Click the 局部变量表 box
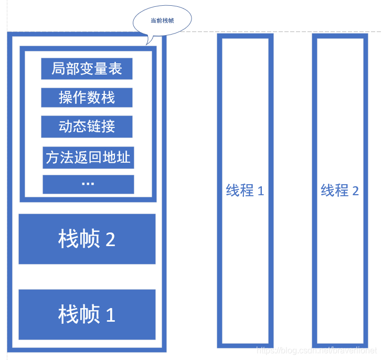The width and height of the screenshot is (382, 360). point(87,69)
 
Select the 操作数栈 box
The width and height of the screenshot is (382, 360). point(87,98)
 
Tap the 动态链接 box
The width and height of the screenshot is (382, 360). point(87,126)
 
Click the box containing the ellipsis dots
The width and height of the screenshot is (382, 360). point(88,184)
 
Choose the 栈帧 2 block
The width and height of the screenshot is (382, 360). point(87,239)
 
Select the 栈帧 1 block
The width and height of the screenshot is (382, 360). point(87,314)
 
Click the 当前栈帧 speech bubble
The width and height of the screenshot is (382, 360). point(162,20)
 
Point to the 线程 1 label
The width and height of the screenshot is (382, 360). point(245,190)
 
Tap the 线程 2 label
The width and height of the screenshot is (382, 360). point(340,190)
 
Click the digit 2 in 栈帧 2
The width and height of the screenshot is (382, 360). point(110,240)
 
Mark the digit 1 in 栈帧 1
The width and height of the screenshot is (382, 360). point(110,315)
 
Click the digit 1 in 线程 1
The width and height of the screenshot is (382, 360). point(261,191)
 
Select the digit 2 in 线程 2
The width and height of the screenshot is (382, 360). point(355,191)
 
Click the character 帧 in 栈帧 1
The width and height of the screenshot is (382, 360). point(90,315)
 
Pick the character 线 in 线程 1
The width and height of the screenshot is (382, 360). point(233,190)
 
